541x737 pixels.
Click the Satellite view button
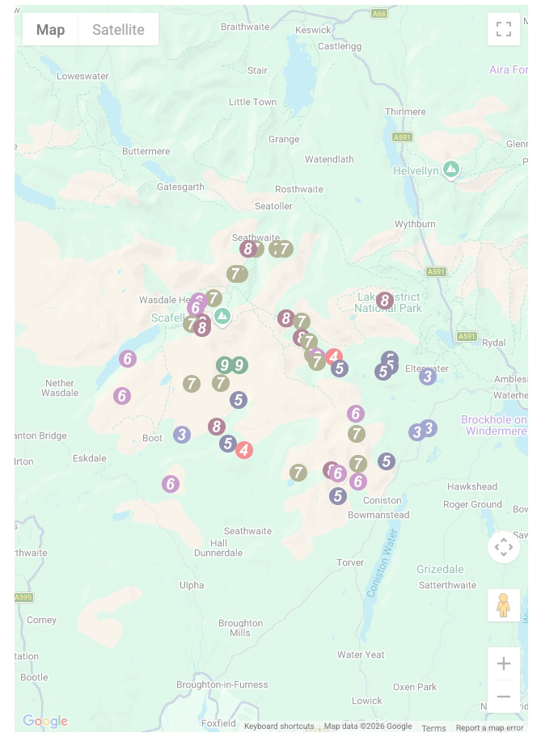pyautogui.click(x=118, y=30)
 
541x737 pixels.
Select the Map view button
pyautogui.click(x=50, y=30)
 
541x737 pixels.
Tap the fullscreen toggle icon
pyautogui.click(x=503, y=30)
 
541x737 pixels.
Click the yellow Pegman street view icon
pyautogui.click(x=503, y=605)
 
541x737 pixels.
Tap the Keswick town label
pyautogui.click(x=313, y=30)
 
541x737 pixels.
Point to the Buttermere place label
pyautogui.click(x=146, y=151)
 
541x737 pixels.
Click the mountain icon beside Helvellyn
pyautogui.click(x=451, y=170)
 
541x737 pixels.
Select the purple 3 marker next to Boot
pyautogui.click(x=182, y=435)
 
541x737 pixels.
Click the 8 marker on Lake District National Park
pyautogui.click(x=384, y=301)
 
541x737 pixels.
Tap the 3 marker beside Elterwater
pyautogui.click(x=428, y=376)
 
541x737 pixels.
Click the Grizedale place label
pyautogui.click(x=440, y=569)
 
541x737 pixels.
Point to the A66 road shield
pyautogui.click(x=378, y=14)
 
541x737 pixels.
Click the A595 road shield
pyautogui.click(x=23, y=597)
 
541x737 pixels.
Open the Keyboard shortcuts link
pyautogui.click(x=279, y=726)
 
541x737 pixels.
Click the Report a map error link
pyautogui.click(x=489, y=727)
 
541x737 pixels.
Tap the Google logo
pyautogui.click(x=44, y=721)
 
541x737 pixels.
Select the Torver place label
pyautogui.click(x=350, y=562)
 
